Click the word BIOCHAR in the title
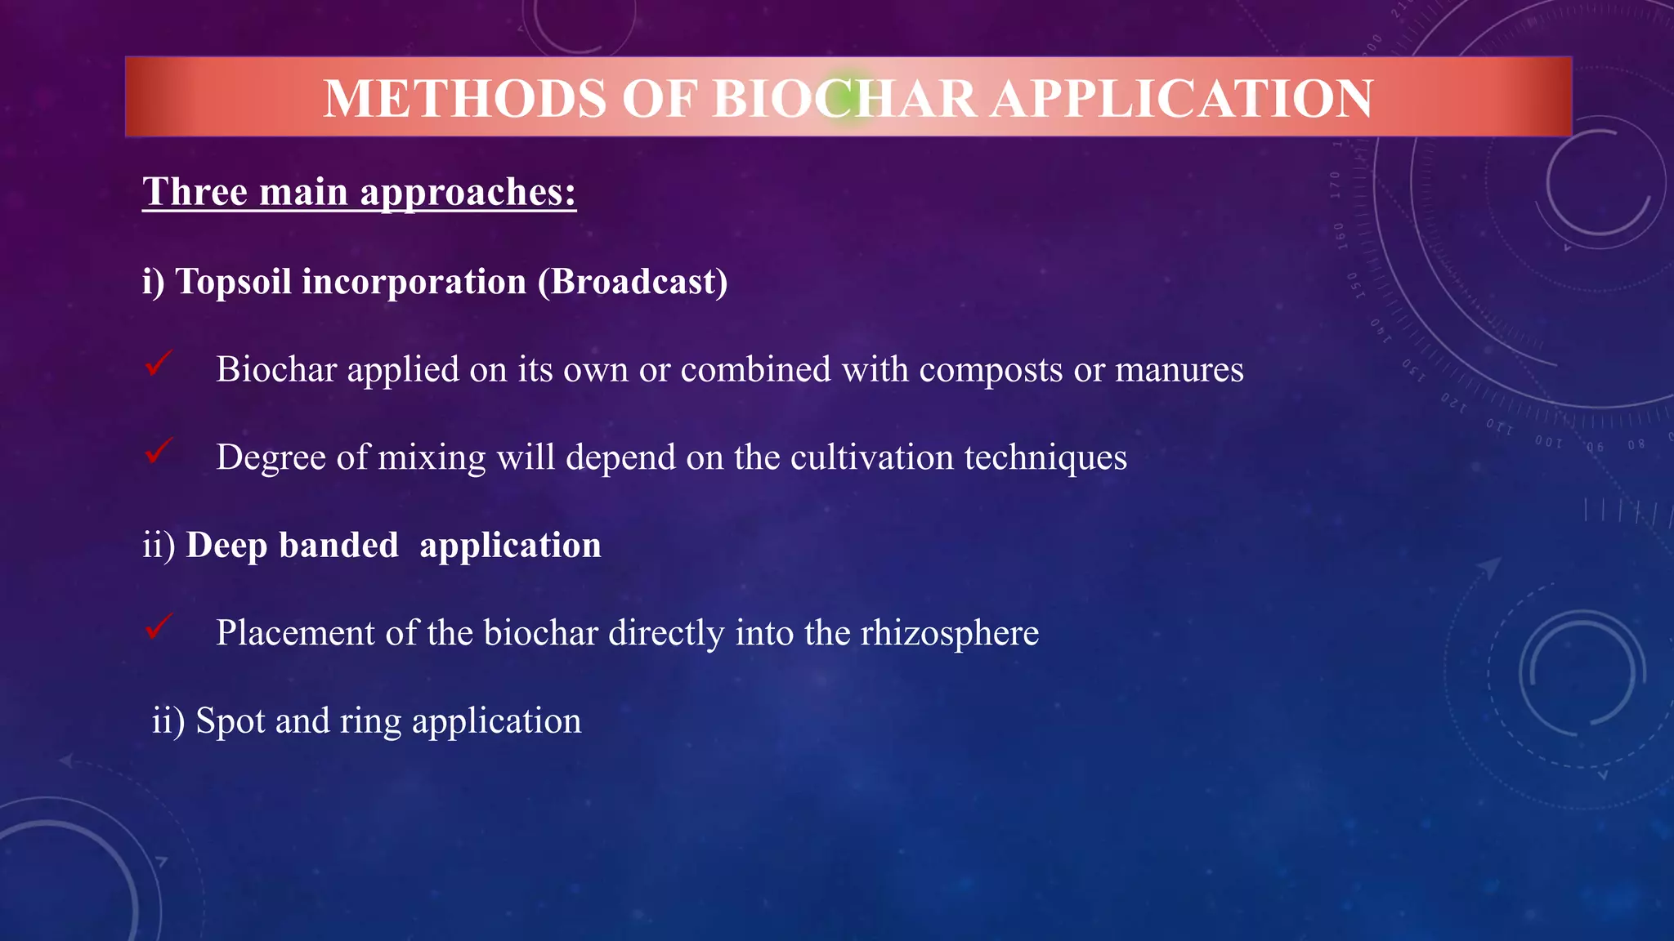click(844, 99)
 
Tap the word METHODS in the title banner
click(464, 99)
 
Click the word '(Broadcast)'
click(632, 282)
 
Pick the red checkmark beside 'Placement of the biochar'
click(159, 627)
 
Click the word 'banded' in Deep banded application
click(338, 546)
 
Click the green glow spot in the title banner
click(848, 98)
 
